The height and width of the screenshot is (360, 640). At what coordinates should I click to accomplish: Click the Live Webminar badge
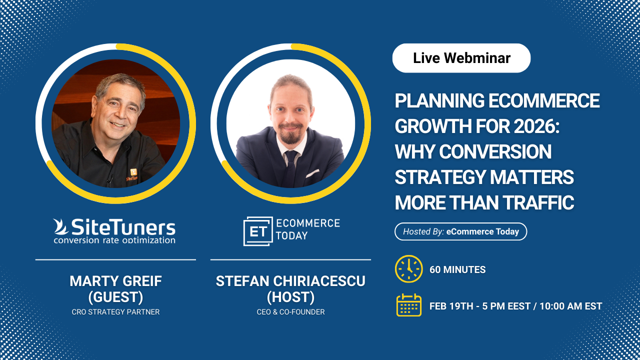461,58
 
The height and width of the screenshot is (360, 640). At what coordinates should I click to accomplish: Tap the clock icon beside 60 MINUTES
409,269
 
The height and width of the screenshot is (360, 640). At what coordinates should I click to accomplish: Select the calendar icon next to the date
409,305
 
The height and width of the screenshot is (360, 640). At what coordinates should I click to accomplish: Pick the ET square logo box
258,231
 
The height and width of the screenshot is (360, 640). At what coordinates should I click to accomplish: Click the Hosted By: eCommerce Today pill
461,231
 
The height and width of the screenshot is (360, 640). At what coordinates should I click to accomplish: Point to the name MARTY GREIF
115,281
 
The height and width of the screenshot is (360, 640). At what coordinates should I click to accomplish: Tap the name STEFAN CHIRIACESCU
290,281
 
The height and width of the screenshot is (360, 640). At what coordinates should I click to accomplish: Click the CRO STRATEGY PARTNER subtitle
115,312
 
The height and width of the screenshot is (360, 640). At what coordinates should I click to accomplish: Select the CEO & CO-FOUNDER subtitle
290,312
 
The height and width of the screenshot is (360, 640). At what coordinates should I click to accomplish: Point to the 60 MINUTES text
457,269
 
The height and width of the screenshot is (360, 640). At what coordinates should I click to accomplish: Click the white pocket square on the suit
312,173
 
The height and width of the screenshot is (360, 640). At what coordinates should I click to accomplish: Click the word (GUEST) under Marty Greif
115,297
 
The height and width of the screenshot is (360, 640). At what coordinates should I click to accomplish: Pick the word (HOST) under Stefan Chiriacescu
290,297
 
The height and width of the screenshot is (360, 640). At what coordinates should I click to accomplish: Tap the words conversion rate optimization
114,240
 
